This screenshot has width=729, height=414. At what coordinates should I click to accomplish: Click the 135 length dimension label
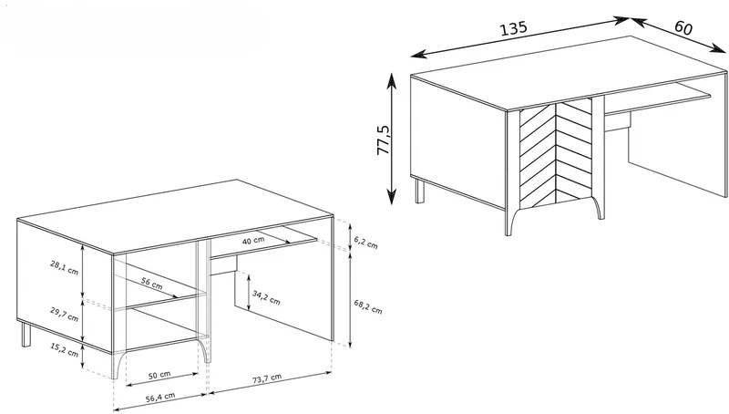click(513, 28)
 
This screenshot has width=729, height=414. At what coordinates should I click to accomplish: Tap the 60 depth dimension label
click(683, 28)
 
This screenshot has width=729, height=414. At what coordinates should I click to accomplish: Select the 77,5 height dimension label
click(385, 140)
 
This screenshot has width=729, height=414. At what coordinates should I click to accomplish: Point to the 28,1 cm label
click(64, 267)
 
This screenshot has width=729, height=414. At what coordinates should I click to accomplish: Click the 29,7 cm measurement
click(64, 315)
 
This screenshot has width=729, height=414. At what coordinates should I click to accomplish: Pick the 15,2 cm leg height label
click(64, 350)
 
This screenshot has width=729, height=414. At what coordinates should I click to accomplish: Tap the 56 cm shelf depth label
click(152, 284)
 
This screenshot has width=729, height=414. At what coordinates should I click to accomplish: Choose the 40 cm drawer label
click(253, 241)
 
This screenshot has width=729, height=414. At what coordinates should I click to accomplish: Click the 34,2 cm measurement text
click(266, 297)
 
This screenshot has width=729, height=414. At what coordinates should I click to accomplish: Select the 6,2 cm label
click(365, 242)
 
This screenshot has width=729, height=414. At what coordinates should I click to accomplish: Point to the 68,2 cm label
click(368, 306)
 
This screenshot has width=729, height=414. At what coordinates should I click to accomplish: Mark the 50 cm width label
click(159, 374)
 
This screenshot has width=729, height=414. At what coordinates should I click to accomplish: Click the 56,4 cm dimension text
click(160, 397)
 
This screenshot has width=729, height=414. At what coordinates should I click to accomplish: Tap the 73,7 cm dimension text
click(267, 378)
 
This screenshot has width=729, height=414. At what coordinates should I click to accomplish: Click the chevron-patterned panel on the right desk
click(555, 152)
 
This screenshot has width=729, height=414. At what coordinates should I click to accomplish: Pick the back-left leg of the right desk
click(420, 191)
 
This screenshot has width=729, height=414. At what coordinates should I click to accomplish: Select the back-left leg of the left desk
click(26, 334)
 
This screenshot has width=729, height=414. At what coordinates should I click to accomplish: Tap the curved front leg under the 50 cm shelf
click(202, 350)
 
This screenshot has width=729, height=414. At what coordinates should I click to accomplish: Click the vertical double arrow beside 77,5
click(392, 139)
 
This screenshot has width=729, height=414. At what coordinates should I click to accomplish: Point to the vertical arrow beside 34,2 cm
click(249, 293)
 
